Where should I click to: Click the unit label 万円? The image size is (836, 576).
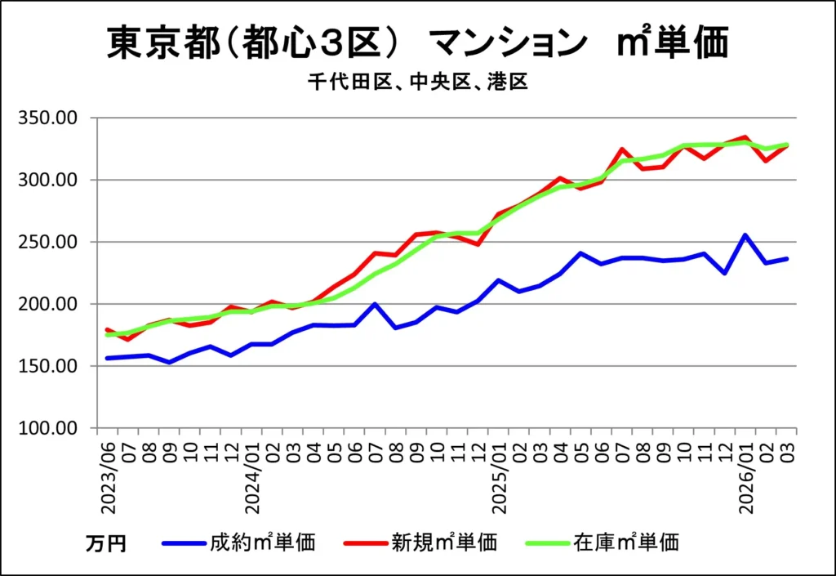106,543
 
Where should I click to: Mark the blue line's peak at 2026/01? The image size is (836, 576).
745,235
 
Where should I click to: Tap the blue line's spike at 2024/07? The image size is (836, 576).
375,304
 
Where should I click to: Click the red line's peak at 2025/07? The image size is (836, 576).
622,150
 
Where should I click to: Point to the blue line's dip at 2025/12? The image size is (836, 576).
724,273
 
